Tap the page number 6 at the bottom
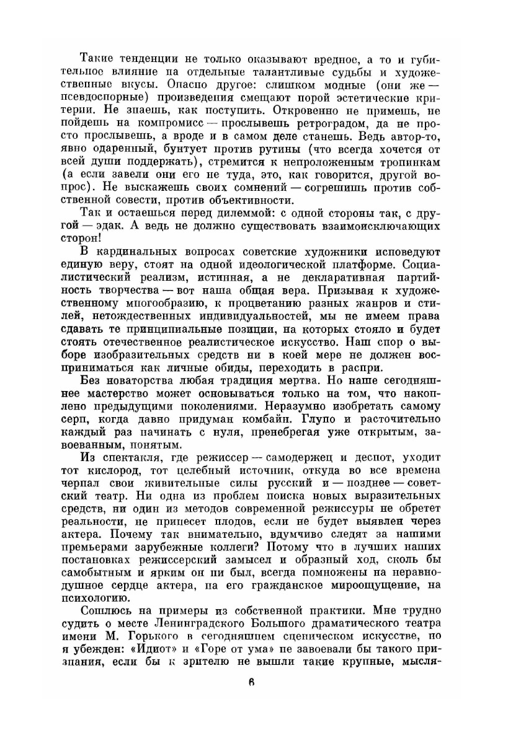[251, 684]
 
